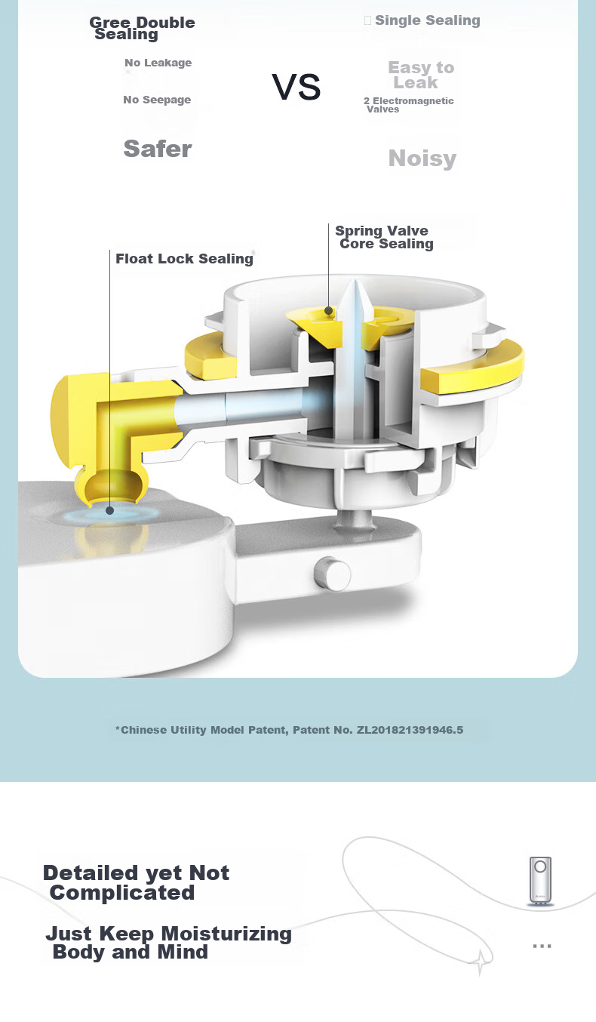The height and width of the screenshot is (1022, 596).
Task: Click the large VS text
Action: [296, 87]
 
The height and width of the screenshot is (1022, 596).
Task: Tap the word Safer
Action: [158, 149]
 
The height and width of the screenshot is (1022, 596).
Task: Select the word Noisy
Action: [422, 159]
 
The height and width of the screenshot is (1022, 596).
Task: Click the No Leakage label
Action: [158, 63]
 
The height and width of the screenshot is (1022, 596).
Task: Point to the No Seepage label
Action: [157, 100]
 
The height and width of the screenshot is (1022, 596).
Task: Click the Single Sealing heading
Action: [428, 20]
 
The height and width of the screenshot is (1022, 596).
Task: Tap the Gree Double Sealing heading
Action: [143, 28]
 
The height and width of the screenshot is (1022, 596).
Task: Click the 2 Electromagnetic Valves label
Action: [409, 105]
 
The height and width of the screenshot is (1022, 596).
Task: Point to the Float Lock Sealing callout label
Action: [184, 259]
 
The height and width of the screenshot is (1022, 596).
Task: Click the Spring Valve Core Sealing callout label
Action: [384, 237]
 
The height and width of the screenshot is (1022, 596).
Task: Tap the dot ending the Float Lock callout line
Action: [109, 510]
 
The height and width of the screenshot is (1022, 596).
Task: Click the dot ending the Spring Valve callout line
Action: [328, 311]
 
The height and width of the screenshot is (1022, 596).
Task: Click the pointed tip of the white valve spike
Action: [355, 280]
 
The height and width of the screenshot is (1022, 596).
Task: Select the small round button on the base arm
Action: [333, 574]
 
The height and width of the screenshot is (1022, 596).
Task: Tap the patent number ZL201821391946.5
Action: [410, 730]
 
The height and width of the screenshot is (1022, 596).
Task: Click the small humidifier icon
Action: [540, 881]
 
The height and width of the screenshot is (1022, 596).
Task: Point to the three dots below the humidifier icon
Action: [542, 947]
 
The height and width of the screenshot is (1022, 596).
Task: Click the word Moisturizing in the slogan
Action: [226, 934]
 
